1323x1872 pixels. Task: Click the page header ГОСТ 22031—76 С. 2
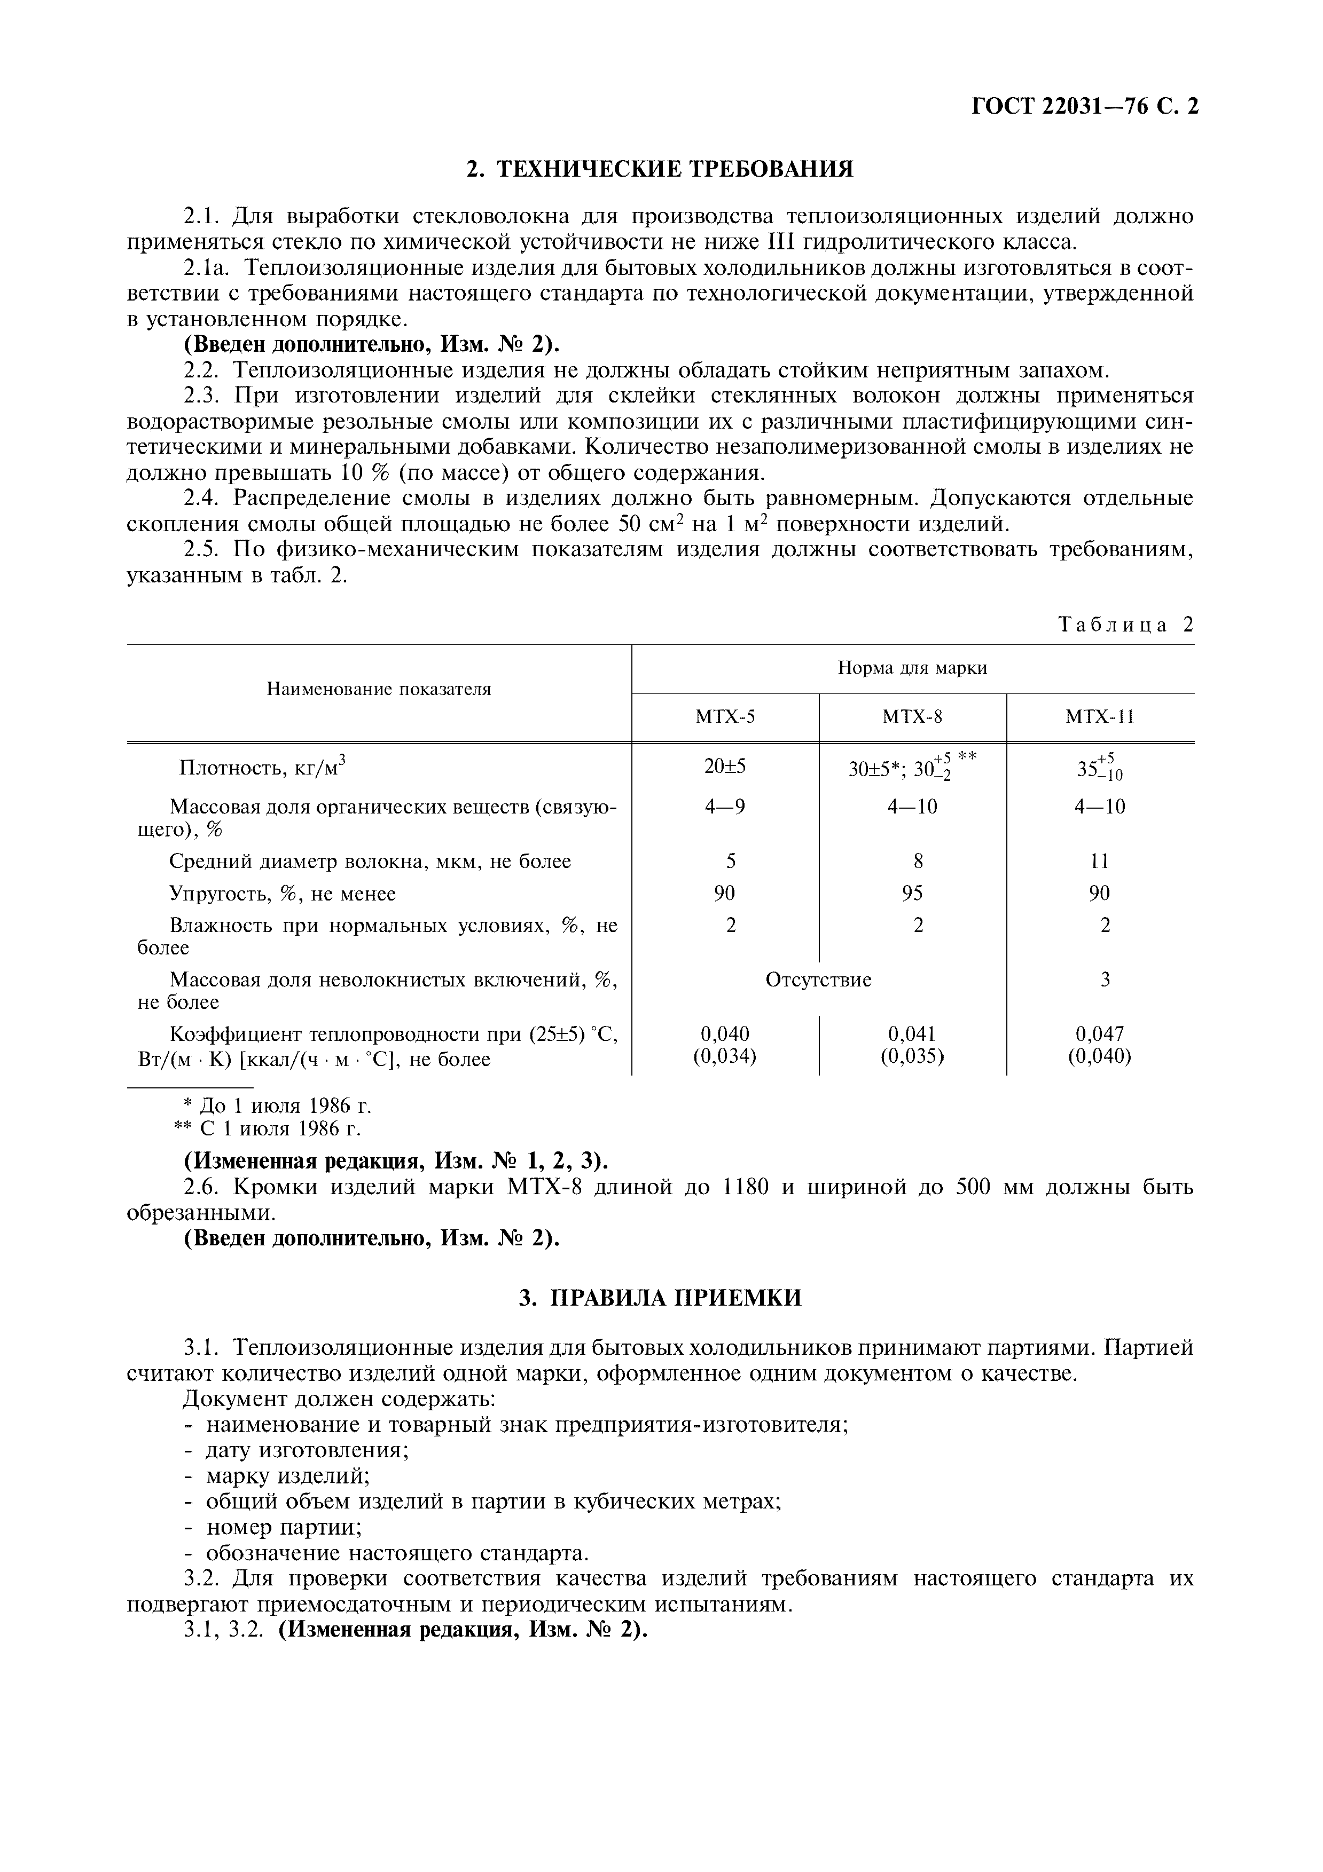coord(1085,107)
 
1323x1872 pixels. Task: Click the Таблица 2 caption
coord(1125,625)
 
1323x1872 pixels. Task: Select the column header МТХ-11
coord(1100,717)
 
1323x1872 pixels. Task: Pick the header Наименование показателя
coord(379,689)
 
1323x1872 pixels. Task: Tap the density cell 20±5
coord(724,767)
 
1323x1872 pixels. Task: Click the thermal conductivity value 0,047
coord(1100,1034)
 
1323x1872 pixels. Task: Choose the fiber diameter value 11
coord(1100,861)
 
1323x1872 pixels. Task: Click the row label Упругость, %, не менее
coord(282,894)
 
